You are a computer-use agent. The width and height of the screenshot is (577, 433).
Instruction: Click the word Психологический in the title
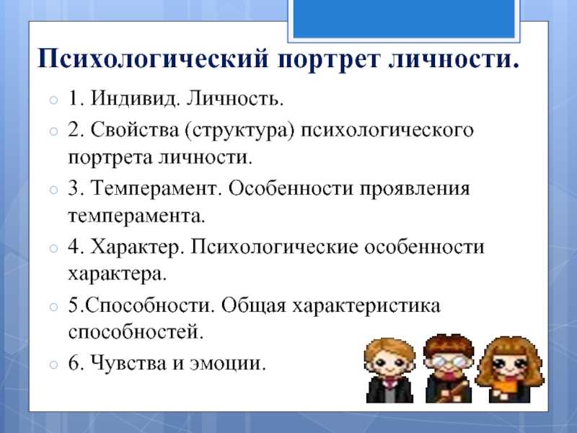(153, 59)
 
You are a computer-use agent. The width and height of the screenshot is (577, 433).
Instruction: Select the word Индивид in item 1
(134, 99)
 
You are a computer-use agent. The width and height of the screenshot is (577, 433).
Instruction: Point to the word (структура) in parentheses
(239, 131)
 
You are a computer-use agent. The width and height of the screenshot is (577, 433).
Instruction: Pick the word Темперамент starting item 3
(156, 188)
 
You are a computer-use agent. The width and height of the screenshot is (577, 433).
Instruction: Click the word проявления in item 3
(415, 190)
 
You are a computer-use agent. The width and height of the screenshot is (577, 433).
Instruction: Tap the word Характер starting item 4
(137, 248)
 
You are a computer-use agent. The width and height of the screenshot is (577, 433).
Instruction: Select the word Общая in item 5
(254, 306)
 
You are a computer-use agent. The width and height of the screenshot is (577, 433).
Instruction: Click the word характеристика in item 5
(366, 306)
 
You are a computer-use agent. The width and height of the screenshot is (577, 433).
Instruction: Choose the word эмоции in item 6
(227, 364)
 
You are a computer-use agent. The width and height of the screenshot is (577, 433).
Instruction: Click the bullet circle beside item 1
(53, 100)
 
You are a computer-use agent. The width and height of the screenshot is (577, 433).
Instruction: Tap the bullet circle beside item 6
(53, 364)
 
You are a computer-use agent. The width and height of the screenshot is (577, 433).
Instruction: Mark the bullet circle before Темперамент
(53, 190)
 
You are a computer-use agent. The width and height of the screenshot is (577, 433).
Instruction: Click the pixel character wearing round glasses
(449, 368)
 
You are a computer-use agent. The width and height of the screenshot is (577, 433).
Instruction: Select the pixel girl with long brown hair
(510, 369)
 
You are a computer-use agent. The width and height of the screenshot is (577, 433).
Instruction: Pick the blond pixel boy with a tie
(389, 370)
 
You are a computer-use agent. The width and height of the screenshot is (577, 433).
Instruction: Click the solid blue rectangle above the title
(404, 19)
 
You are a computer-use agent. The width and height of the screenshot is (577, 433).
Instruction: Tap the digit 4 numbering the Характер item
(74, 247)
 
